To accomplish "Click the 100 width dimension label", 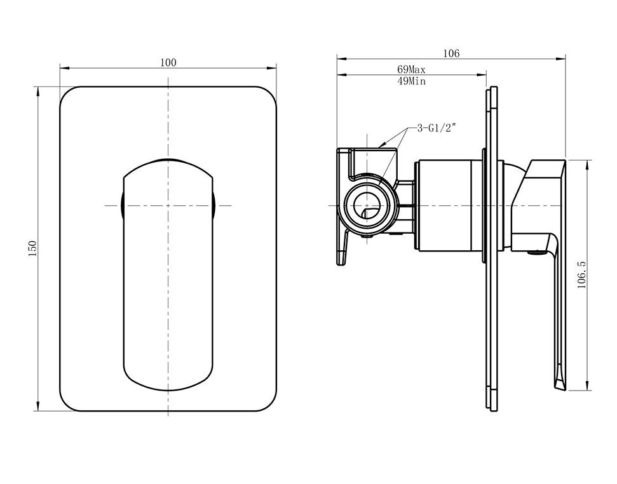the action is pyautogui.click(x=168, y=62).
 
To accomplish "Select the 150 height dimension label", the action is pyautogui.click(x=32, y=248).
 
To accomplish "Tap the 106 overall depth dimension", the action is pyautogui.click(x=451, y=53).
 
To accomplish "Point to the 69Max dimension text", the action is pyautogui.click(x=411, y=70).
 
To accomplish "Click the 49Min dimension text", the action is pyautogui.click(x=411, y=81).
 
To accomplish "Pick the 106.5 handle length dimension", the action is pyautogui.click(x=582, y=275).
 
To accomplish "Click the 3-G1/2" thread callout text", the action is pyautogui.click(x=437, y=128).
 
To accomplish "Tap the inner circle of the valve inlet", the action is pyautogui.click(x=367, y=205).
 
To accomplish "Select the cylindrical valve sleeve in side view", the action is pyautogui.click(x=448, y=205).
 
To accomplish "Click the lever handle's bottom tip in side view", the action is pyautogui.click(x=557, y=389).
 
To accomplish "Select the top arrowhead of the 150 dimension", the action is pyautogui.click(x=38, y=91).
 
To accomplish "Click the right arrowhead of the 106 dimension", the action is pyautogui.click(x=561, y=59).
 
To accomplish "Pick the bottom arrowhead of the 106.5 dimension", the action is pyautogui.click(x=587, y=386).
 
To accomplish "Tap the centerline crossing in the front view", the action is pyautogui.click(x=168, y=205).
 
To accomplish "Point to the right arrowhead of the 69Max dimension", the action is pyautogui.click(x=482, y=74).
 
